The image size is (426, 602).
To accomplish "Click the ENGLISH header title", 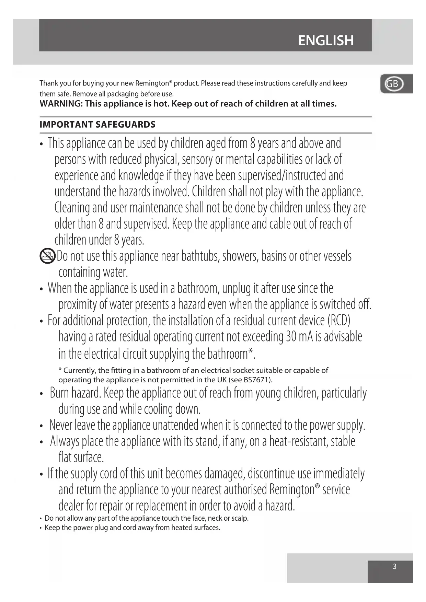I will [325, 40].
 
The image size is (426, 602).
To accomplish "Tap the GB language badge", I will [393, 84].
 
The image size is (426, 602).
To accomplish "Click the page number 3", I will [394, 566].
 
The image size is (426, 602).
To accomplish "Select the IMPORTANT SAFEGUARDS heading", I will [97, 125].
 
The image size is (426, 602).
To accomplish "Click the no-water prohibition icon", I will [47, 256].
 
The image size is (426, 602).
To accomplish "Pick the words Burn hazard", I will [76, 393].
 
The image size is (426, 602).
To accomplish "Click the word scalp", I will [239, 518].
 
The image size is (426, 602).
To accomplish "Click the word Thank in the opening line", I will [48, 83].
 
